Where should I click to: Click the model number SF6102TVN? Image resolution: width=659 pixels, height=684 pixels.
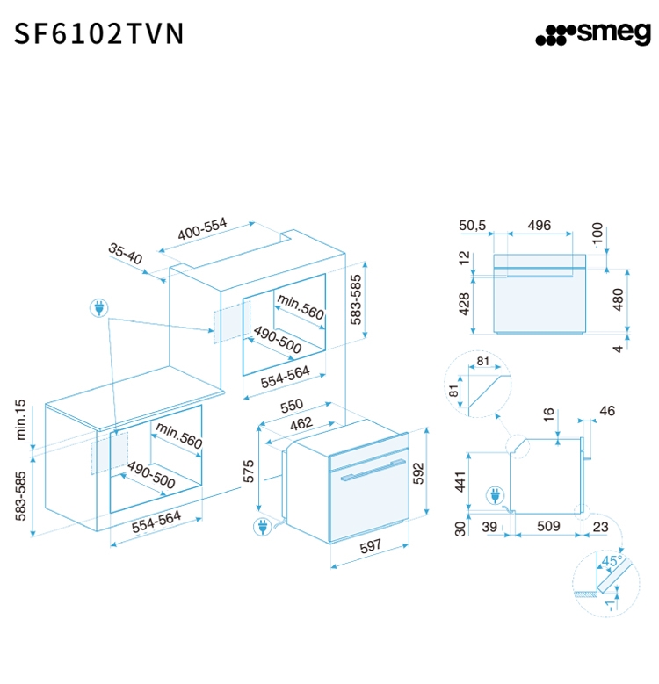(x=99, y=33)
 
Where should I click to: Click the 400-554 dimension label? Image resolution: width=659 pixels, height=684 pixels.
(x=202, y=229)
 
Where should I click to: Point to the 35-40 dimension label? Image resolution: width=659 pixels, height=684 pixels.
(x=126, y=255)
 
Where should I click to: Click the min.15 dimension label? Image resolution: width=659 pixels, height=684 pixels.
(x=21, y=421)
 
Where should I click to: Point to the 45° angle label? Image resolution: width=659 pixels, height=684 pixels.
(x=612, y=559)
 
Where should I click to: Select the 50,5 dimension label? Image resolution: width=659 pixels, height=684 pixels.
(x=472, y=226)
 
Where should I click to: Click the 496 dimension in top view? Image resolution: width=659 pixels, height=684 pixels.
(x=539, y=226)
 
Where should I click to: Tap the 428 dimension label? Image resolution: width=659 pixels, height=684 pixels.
(x=465, y=303)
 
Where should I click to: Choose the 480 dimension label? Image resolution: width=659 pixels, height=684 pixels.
(x=618, y=301)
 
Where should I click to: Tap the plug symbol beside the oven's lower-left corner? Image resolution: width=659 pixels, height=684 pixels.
(x=262, y=527)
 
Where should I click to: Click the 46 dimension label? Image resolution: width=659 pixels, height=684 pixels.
(x=607, y=410)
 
